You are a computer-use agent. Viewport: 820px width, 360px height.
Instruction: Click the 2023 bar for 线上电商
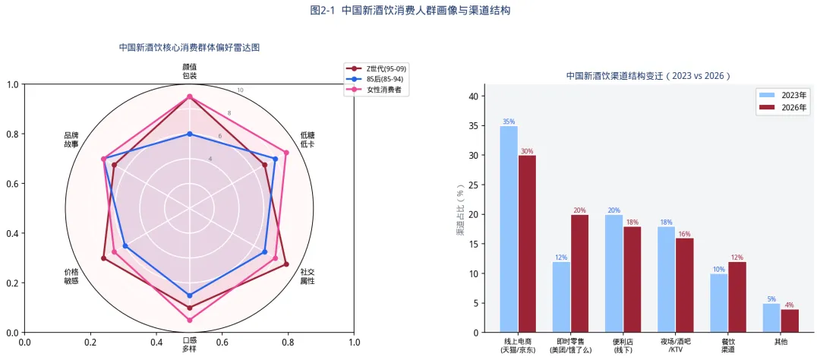[x=509, y=229]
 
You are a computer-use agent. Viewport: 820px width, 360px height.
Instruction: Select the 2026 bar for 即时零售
[x=579, y=273]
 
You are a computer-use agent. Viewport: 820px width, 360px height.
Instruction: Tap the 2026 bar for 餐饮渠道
[x=736, y=297]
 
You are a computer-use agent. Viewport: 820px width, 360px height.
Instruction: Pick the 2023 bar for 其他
[x=771, y=317]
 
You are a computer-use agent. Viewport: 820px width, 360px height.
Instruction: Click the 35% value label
[x=509, y=122]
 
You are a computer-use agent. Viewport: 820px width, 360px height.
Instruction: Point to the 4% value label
[x=790, y=305]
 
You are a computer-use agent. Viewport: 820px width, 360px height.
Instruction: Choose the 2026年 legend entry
[x=782, y=109]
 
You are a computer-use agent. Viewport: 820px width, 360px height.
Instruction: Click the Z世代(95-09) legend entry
[x=377, y=68]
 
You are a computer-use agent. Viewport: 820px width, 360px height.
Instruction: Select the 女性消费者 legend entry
[x=377, y=90]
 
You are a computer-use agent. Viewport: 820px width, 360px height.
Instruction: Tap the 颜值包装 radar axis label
[x=190, y=71]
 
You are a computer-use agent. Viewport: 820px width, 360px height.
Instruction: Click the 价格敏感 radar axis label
[x=71, y=276]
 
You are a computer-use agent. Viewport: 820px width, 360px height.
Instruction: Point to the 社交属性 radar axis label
[x=307, y=276]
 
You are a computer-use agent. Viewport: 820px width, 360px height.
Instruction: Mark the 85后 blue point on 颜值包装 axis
[x=190, y=134]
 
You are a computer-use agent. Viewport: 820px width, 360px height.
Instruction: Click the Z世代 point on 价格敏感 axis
[x=103, y=258]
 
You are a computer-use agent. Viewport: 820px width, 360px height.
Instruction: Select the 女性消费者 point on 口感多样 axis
[x=190, y=321]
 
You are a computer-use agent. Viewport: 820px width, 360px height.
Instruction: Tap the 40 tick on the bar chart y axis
[x=473, y=96]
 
